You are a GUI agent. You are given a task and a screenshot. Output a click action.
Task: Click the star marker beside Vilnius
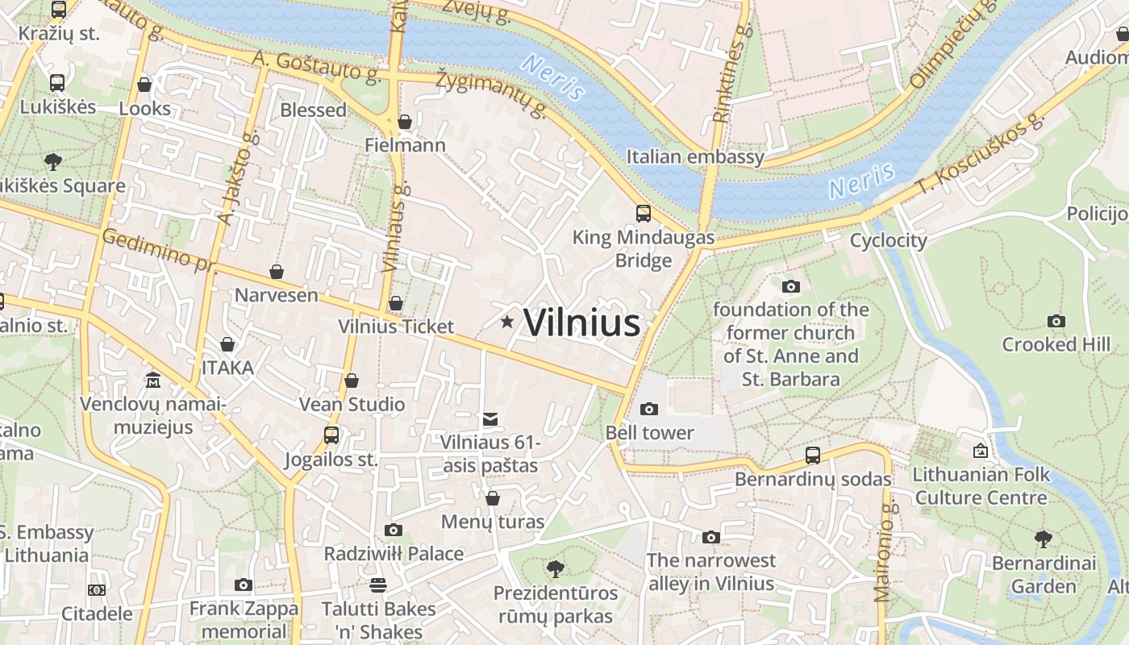507,322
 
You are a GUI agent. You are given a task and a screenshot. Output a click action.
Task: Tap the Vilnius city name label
581,322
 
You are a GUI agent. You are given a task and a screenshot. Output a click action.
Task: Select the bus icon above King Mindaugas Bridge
644,214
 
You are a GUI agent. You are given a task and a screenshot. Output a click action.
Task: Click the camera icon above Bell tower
649,409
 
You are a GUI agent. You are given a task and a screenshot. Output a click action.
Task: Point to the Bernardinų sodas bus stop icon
813,456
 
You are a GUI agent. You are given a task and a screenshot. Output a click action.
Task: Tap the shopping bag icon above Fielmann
405,122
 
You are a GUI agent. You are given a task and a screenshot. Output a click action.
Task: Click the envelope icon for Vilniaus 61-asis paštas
490,418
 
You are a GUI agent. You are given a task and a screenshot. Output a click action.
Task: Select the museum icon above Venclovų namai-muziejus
153,380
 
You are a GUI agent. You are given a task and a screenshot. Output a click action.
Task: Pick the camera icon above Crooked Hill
1056,321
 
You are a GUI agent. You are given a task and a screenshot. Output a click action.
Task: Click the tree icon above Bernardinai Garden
1044,539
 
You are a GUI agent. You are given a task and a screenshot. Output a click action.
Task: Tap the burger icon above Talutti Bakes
378,585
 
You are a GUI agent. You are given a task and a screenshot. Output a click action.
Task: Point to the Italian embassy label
695,156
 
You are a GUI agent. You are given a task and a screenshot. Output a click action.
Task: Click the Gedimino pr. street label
157,250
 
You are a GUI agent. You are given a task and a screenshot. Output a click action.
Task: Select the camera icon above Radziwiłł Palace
394,530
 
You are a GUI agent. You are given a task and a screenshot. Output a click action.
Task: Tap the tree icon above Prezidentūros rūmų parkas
556,569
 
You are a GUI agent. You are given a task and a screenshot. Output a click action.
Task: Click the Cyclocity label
889,240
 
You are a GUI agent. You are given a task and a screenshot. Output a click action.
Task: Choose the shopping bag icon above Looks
144,85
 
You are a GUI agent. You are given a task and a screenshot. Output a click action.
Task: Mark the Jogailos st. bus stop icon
331,435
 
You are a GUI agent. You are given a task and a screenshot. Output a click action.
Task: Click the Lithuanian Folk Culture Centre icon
981,451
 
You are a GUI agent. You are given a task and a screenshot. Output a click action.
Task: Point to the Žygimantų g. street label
492,94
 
